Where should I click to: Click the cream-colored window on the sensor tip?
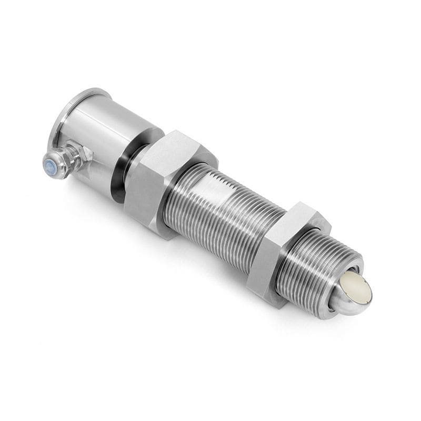point(355,287)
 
